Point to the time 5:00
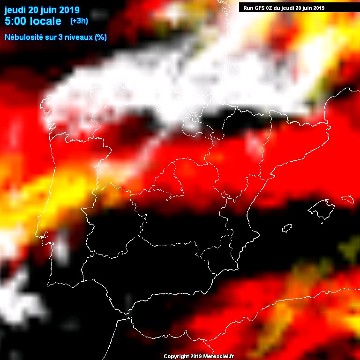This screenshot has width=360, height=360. coord(15,21)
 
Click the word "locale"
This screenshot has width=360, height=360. coord(45,21)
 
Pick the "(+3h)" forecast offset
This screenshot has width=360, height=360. coord(79,21)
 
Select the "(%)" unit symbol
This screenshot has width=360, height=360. coord(101,37)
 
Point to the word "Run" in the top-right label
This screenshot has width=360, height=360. coord(248,7)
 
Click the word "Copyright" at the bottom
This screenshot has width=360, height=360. coord(176,356)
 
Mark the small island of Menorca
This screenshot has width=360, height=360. coord(347,199)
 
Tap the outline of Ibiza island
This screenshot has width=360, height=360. coord(286,228)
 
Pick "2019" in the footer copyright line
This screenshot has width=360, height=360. coord(196,356)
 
